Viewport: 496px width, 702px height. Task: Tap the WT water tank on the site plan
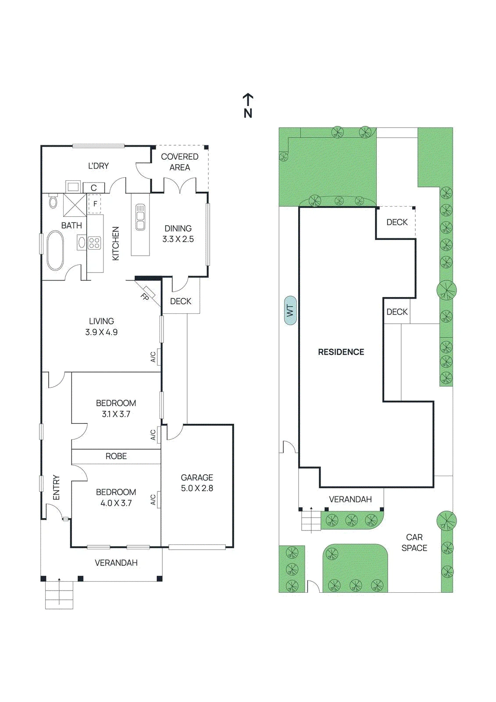point(290,310)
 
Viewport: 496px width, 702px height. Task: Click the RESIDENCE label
point(341,352)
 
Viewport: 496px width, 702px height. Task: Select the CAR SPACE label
point(414,542)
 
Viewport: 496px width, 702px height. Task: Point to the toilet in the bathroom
point(53,201)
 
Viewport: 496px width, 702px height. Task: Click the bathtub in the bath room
point(55,251)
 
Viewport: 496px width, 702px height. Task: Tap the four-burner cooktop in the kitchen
point(95,242)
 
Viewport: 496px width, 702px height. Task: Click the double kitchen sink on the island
point(140,217)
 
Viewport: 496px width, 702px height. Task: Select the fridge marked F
point(95,204)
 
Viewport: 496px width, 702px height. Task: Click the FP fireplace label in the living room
point(145,297)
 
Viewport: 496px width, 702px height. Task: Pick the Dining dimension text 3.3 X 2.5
point(178,239)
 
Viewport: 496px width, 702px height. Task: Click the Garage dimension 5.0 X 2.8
point(197,488)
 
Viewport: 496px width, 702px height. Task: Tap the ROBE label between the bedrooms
point(116,456)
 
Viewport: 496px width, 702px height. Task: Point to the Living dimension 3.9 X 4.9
point(101,332)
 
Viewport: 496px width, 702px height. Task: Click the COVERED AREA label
point(179,162)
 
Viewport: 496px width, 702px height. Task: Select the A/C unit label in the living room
point(153,357)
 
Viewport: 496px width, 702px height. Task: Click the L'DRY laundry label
point(98,166)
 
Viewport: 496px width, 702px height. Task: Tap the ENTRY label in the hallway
point(56,487)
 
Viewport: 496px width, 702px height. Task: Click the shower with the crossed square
point(75,205)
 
